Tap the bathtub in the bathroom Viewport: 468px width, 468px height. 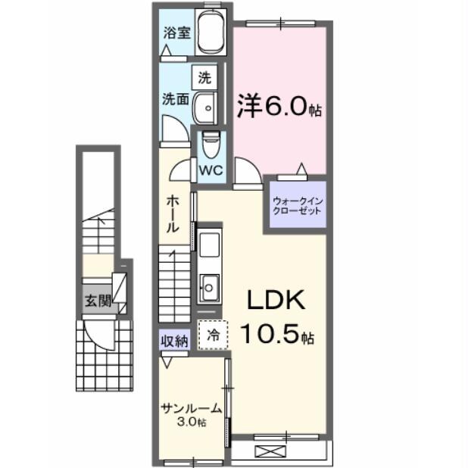pyautogui.click(x=210, y=33)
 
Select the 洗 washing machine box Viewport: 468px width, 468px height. pyautogui.click(x=204, y=76)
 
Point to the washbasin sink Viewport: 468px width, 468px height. pyautogui.click(x=205, y=108)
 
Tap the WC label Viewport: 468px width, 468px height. pyautogui.click(x=210, y=170)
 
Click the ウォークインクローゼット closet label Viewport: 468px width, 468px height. pyautogui.click(x=296, y=205)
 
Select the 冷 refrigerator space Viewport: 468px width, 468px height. pyautogui.click(x=213, y=334)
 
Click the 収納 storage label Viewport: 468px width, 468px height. pyautogui.click(x=173, y=341)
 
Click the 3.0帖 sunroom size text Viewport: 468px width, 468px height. pyautogui.click(x=192, y=422)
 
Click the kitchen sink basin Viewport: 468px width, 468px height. pyautogui.click(x=208, y=286)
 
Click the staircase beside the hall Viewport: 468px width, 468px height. pyautogui.click(x=173, y=282)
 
